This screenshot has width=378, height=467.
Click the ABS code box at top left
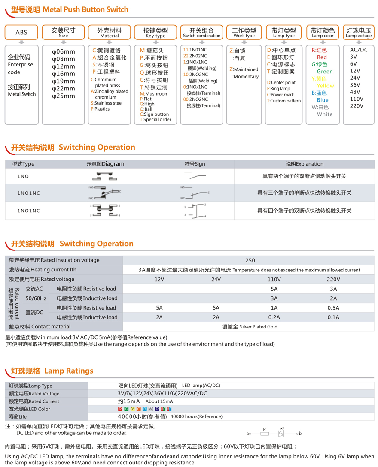[21, 33]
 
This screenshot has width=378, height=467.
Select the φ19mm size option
[63, 81]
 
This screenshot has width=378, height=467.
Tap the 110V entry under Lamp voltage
[357, 99]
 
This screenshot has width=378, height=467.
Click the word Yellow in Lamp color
[325, 86]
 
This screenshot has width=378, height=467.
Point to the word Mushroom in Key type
[157, 94]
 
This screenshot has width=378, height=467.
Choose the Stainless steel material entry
[109, 103]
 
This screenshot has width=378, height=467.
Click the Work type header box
[244, 33]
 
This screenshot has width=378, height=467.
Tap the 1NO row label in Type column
[23, 176]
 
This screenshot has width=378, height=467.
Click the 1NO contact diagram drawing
[105, 176]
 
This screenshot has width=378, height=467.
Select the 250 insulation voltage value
[250, 260]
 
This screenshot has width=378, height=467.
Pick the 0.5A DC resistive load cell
[333, 308]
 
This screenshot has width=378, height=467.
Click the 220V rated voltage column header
[333, 279]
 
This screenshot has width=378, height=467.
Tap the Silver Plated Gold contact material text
[250, 327]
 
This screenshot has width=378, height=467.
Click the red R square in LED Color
[120, 409]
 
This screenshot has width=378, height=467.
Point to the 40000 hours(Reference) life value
[190, 416]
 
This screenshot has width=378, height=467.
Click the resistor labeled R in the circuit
[265, 433]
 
